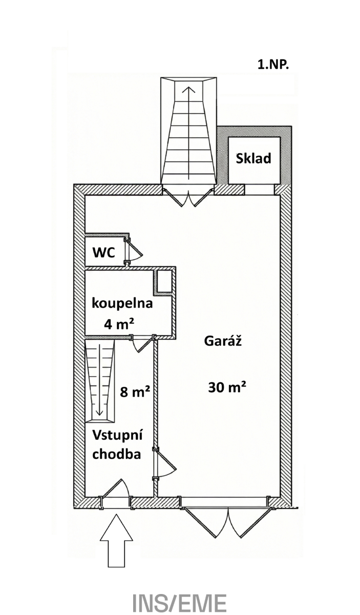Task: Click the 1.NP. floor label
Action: coord(273,65)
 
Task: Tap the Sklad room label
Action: coord(253,158)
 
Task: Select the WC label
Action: coord(104,253)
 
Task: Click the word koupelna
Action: coord(122,304)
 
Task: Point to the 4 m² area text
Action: coord(119,324)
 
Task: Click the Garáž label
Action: coord(223,341)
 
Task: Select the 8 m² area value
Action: coord(135,392)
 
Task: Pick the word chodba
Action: coord(117,454)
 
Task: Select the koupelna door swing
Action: coord(141,344)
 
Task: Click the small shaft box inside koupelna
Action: coord(164,281)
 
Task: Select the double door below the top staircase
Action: coord(188,198)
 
